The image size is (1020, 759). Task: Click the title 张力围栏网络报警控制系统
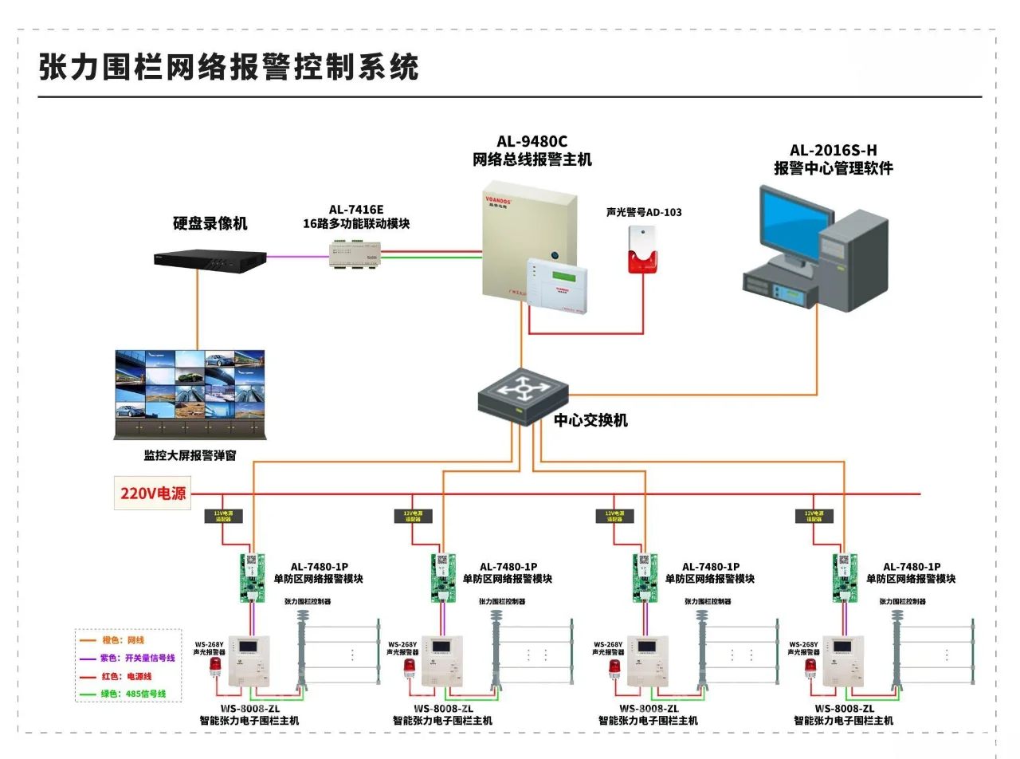coord(229,67)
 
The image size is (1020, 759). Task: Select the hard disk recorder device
coord(210,258)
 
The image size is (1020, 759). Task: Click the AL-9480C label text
coord(532,143)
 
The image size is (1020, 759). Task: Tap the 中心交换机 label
coord(590,420)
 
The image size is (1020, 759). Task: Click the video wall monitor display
coord(190,387)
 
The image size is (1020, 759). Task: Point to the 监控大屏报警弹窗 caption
coord(190,456)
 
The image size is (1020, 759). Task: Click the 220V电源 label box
coord(153,494)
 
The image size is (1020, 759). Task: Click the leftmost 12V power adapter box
coord(228,517)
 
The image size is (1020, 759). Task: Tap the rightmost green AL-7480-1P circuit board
coord(845,577)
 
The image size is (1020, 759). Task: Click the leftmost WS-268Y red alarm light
coord(215,666)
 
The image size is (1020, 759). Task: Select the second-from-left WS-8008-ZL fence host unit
coord(441,660)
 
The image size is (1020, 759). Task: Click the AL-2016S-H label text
coord(833,150)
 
